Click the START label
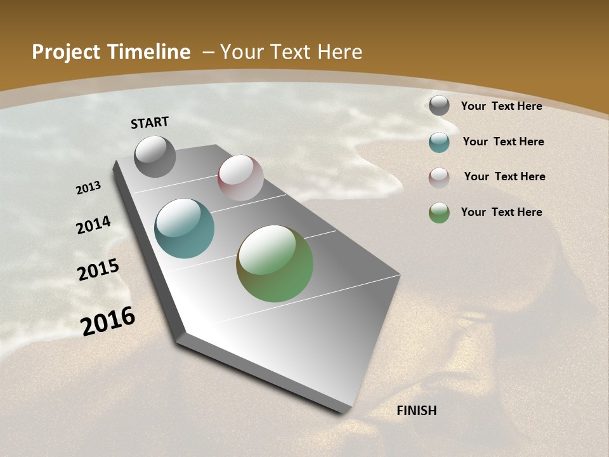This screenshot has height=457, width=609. pyautogui.click(x=150, y=123)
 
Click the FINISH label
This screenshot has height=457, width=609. pyautogui.click(x=416, y=411)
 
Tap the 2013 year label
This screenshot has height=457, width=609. pyautogui.click(x=88, y=188)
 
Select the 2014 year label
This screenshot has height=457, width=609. pyautogui.click(x=93, y=225)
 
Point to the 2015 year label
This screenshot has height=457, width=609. pyautogui.click(x=98, y=270)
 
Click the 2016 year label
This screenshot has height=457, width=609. pyautogui.click(x=108, y=321)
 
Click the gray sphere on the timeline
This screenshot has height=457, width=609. pyautogui.click(x=155, y=156)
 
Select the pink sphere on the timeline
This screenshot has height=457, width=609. pyautogui.click(x=240, y=178)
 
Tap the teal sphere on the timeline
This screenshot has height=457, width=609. pyautogui.click(x=184, y=228)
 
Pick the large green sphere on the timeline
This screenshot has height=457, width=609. pyautogui.click(x=275, y=263)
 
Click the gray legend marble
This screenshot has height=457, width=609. pyautogui.click(x=439, y=105)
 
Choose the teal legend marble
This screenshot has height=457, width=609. pyautogui.click(x=439, y=142)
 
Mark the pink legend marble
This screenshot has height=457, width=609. pyautogui.click(x=439, y=177)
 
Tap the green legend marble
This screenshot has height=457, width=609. pyautogui.click(x=439, y=212)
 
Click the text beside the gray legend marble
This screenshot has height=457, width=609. pyautogui.click(x=501, y=106)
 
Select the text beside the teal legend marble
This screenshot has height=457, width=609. pyautogui.click(x=503, y=142)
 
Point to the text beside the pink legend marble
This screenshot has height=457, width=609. pyautogui.click(x=504, y=176)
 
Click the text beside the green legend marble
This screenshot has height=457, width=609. pyautogui.click(x=501, y=212)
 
